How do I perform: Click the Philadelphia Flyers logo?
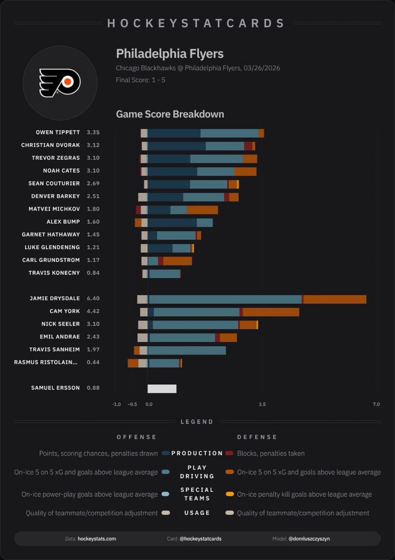pyautogui.click(x=60, y=83)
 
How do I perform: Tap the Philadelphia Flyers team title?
pyautogui.click(x=170, y=54)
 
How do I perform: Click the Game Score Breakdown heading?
pyautogui.click(x=170, y=114)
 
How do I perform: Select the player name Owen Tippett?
pyautogui.click(x=58, y=132)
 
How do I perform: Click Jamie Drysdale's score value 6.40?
pyautogui.click(x=93, y=299)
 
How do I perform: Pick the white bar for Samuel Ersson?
pyautogui.click(x=162, y=388)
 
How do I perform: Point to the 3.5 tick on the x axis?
pyautogui.click(x=262, y=404)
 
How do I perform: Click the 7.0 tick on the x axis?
pyautogui.click(x=376, y=404)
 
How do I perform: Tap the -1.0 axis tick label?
pyautogui.click(x=116, y=404)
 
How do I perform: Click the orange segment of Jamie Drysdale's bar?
pyautogui.click(x=334, y=299)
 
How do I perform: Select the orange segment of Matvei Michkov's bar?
pyautogui.click(x=202, y=210)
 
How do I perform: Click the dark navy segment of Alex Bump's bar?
pyautogui.click(x=172, y=223)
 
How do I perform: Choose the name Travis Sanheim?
pyautogui.click(x=55, y=350)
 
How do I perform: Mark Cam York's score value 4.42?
pyautogui.click(x=93, y=311)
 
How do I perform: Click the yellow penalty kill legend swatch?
pyautogui.click(x=230, y=494)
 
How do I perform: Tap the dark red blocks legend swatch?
pyautogui.click(x=229, y=453)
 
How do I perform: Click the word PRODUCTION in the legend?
pyautogui.click(x=197, y=454)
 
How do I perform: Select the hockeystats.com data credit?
pyautogui.click(x=97, y=539)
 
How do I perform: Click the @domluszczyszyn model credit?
pyautogui.click(x=309, y=539)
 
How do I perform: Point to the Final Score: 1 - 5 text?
pyautogui.click(x=141, y=80)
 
